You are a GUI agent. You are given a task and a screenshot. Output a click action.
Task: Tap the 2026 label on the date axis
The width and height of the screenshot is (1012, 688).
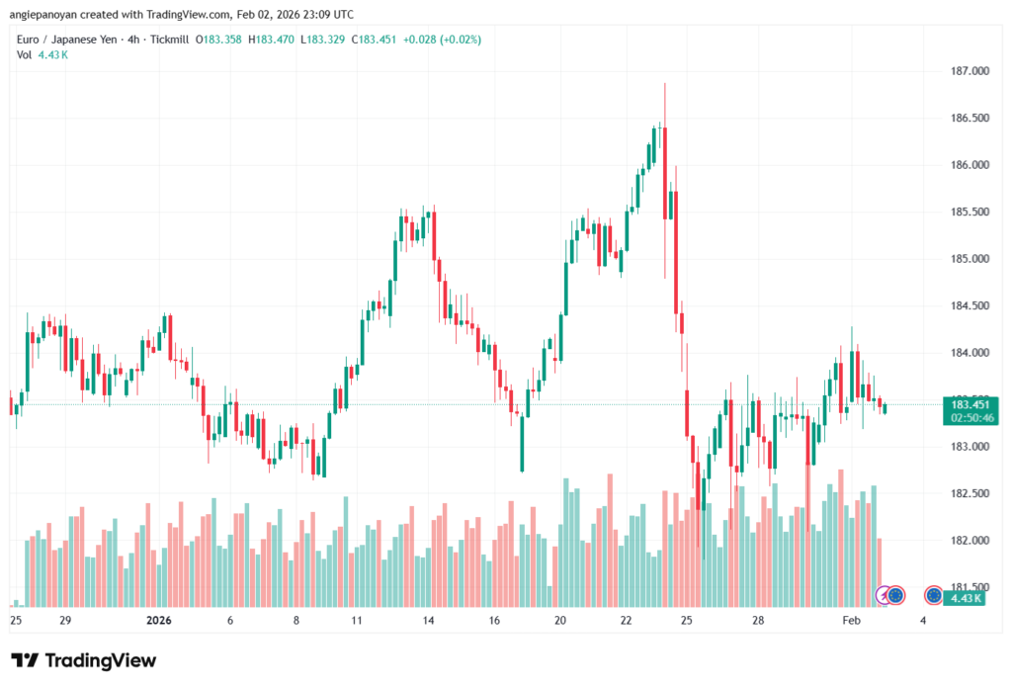pyautogui.click(x=159, y=621)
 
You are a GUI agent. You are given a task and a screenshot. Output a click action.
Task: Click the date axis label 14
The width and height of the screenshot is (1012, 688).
pyautogui.click(x=429, y=621)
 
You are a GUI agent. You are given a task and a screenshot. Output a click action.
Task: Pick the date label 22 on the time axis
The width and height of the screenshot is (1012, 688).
pyautogui.click(x=626, y=621)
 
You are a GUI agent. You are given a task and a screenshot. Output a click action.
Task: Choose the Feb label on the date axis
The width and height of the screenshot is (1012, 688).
pyautogui.click(x=851, y=621)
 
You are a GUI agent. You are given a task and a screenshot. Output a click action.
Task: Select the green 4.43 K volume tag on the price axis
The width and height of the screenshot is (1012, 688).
pyautogui.click(x=965, y=598)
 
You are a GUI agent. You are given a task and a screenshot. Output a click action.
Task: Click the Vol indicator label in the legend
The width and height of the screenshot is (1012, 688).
pyautogui.click(x=25, y=54)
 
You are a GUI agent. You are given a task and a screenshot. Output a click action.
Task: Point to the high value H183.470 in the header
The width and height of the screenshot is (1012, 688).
pyautogui.click(x=273, y=40)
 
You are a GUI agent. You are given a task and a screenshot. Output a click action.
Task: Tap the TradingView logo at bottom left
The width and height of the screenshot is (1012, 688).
pyautogui.click(x=84, y=660)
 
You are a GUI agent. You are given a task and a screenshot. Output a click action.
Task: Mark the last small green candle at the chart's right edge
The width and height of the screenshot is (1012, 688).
pyautogui.click(x=885, y=408)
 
